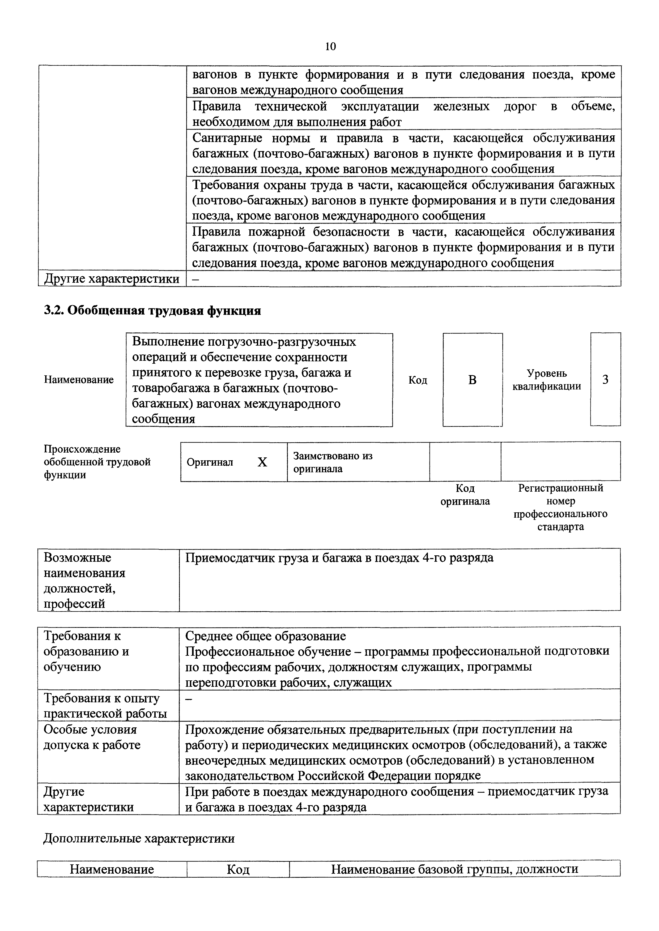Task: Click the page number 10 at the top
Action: tap(330, 47)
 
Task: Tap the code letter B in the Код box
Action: tap(472, 380)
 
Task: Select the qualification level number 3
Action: tap(605, 380)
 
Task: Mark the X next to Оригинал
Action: tap(262, 462)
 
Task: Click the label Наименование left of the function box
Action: tap(79, 380)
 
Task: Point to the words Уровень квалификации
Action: tap(547, 380)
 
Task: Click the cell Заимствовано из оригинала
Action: tap(333, 462)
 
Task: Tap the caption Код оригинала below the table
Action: tap(465, 495)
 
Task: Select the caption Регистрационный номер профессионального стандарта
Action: tap(560, 507)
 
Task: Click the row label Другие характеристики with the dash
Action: tap(112, 279)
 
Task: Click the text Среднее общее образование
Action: tap(265, 636)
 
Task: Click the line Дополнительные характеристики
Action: tap(139, 839)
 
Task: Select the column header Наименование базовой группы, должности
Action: tap(454, 869)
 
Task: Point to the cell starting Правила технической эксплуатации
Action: tap(403, 114)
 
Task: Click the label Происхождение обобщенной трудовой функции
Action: tap(97, 462)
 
